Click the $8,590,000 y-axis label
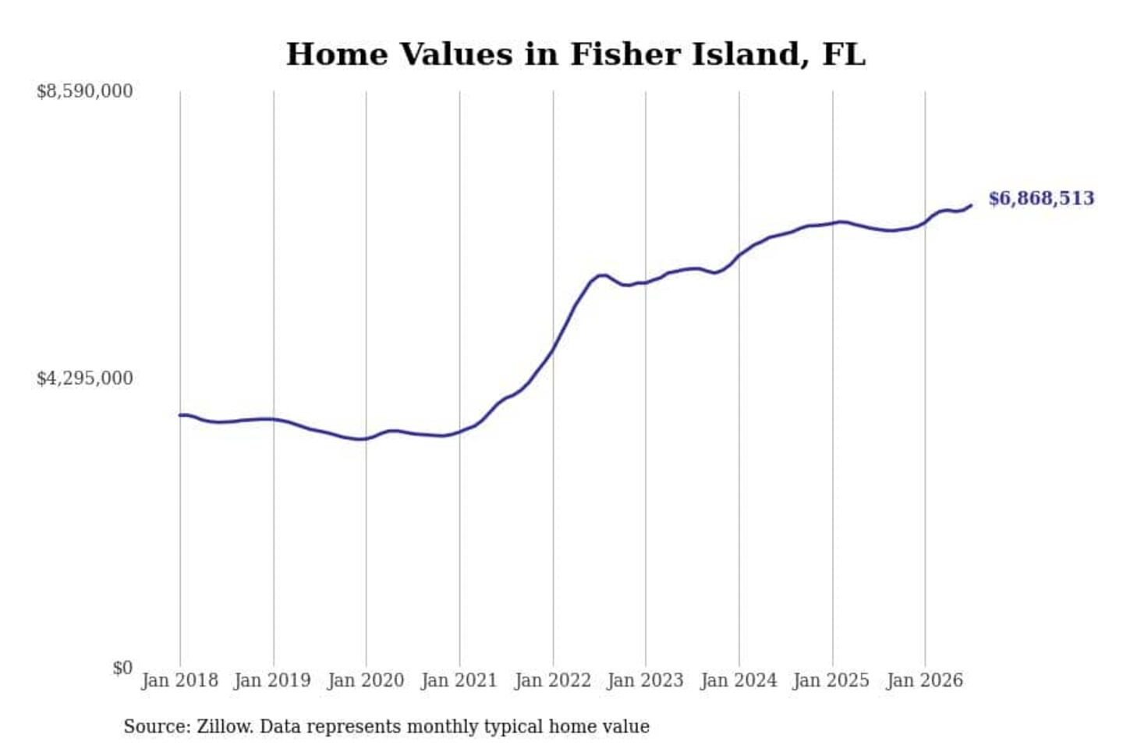coord(85,91)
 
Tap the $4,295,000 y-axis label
coord(85,378)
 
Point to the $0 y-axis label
coord(123,668)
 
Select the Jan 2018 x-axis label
coord(180,681)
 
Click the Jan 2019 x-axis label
coord(273,681)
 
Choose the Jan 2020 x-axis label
coord(366,681)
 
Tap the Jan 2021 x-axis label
coord(459,681)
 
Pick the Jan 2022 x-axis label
coord(553,681)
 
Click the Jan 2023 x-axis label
coord(645,681)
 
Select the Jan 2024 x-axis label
coord(739,681)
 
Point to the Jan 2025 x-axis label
coord(831,681)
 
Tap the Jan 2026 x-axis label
coord(925,681)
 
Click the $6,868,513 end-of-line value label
coord(1041,199)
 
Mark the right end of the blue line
coord(972,205)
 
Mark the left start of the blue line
coord(180,415)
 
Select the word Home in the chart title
coord(337,54)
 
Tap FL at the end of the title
coord(845,54)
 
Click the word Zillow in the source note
coord(225,726)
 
